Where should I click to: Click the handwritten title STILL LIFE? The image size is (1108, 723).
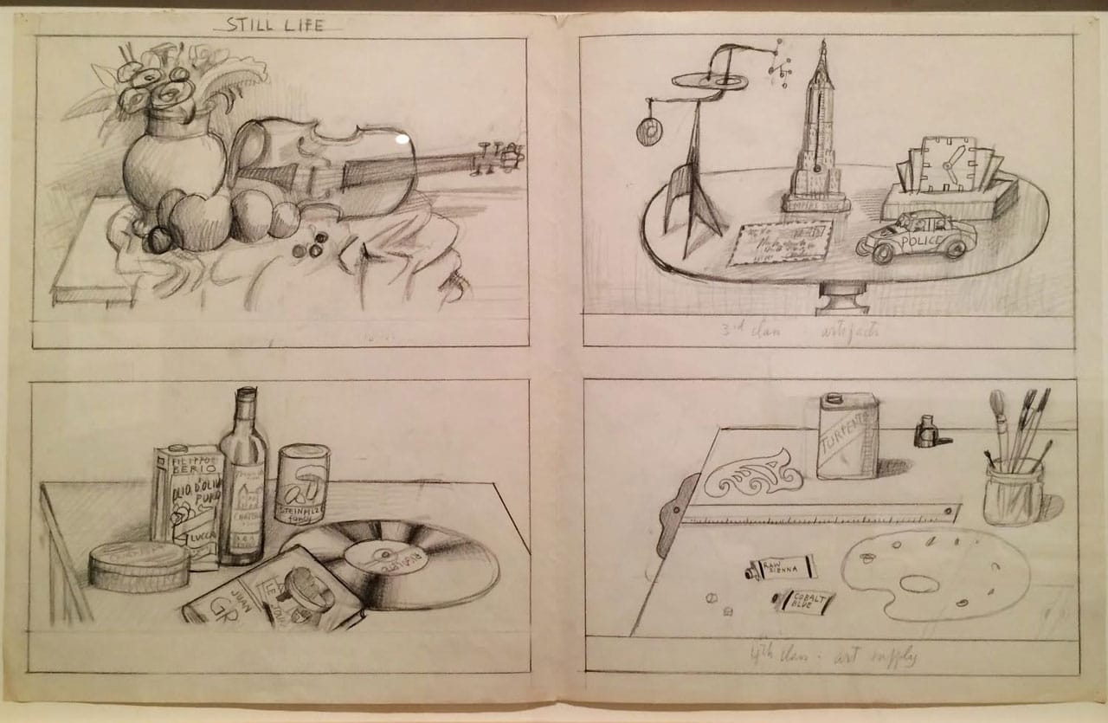pyautogui.click(x=274, y=24)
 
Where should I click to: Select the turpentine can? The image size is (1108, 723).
pyautogui.click(x=847, y=437)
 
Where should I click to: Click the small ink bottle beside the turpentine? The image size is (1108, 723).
pyautogui.click(x=927, y=431)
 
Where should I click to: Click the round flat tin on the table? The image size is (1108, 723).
pyautogui.click(x=138, y=567)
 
